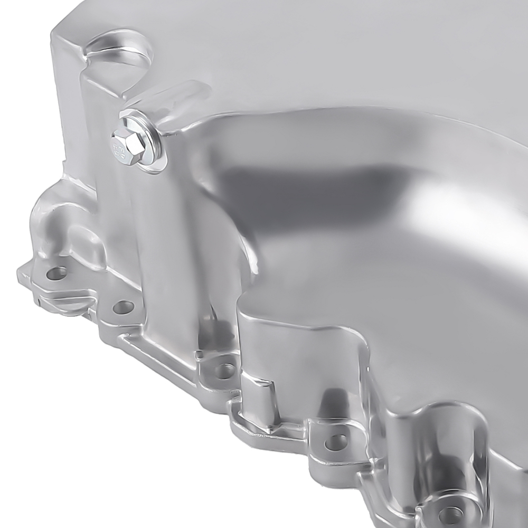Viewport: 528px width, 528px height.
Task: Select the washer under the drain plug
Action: pos(151,153)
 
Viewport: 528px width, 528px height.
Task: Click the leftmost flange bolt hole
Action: pos(56,274)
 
